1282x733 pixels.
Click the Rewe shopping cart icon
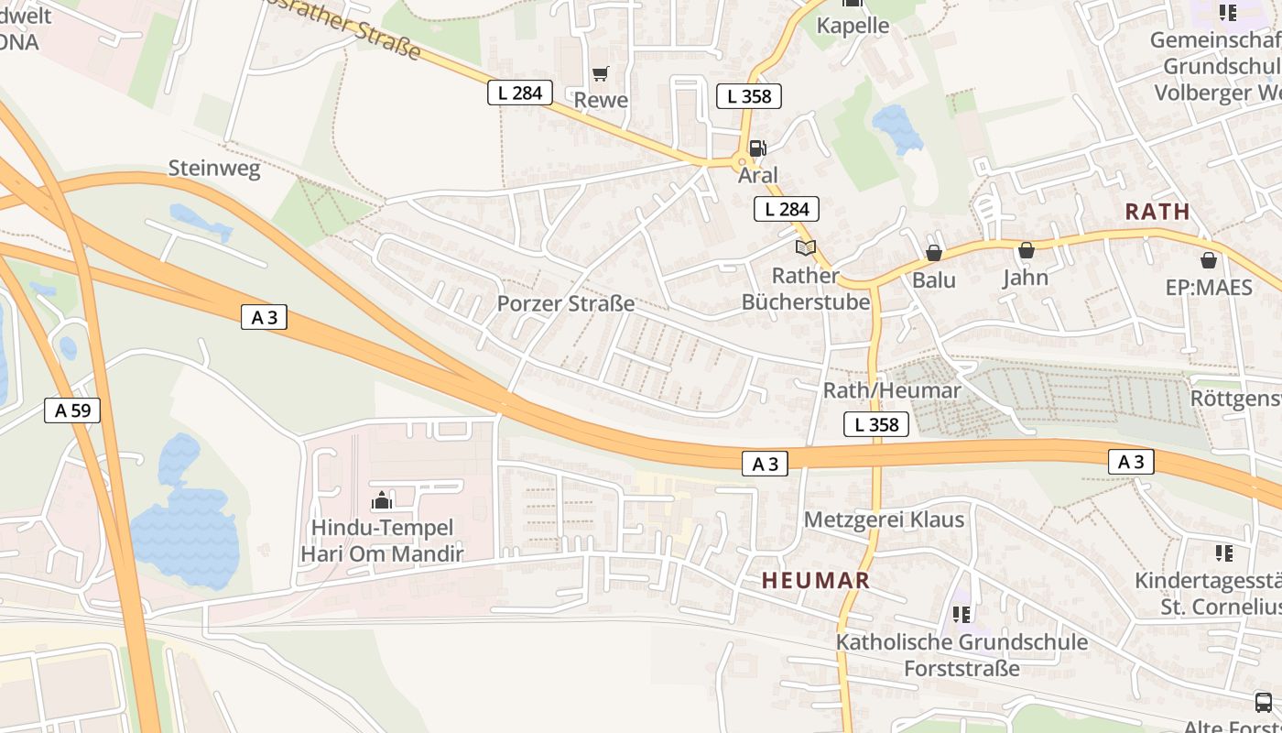click(600, 73)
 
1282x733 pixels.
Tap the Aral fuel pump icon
click(757, 148)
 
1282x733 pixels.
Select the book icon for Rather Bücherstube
click(805, 247)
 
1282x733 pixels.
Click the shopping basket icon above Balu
click(934, 252)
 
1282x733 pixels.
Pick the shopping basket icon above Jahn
click(1026, 249)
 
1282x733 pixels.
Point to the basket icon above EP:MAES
click(1208, 259)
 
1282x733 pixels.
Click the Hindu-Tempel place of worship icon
click(382, 500)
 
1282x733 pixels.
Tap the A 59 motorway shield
click(72, 410)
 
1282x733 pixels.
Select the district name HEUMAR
click(815, 580)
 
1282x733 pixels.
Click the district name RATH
click(1157, 212)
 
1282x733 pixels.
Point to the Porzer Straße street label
click(565, 303)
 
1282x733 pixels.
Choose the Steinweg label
click(214, 169)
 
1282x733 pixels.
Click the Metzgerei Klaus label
click(884, 520)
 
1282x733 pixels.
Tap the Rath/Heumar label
click(891, 390)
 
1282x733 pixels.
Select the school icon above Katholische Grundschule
click(961, 614)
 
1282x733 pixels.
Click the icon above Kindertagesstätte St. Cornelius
click(1223, 552)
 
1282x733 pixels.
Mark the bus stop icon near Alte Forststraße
click(1263, 702)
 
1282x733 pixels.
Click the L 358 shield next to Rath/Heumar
click(875, 424)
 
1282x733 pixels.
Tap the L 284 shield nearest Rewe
click(519, 93)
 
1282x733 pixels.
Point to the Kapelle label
click(853, 26)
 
